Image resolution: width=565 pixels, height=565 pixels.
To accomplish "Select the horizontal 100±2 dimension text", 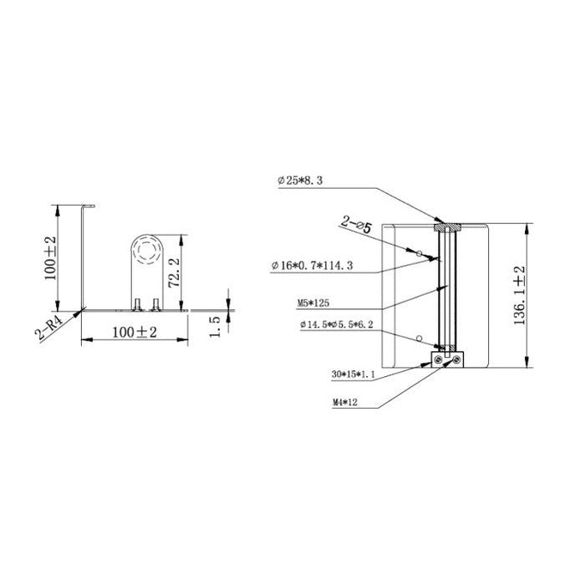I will coord(123,333).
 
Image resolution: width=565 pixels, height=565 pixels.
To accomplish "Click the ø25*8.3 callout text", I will coord(303,180).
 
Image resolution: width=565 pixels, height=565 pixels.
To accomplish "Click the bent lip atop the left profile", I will coord(89,206).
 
